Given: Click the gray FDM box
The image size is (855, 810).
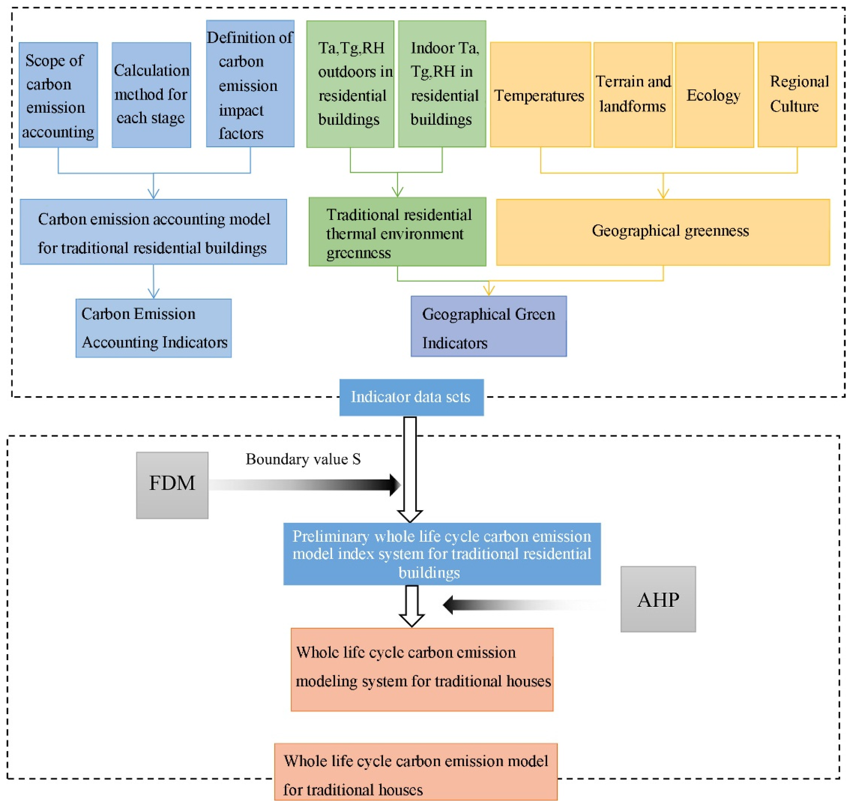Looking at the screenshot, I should [x=172, y=485].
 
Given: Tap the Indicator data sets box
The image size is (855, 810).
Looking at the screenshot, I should [x=411, y=397].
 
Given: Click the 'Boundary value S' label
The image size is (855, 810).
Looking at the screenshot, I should [x=303, y=459].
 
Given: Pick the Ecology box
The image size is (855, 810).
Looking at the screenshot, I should [x=714, y=95].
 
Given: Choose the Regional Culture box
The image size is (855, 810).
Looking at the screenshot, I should [x=797, y=94].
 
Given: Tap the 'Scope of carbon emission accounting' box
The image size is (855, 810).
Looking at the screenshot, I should [x=58, y=95].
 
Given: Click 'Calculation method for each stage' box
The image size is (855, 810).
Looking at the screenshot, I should [x=151, y=95].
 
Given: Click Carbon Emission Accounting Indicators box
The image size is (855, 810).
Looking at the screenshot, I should [x=153, y=328].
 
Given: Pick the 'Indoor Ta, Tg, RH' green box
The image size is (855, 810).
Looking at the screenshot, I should [x=442, y=84].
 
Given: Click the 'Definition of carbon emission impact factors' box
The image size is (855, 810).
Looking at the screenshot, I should [x=250, y=84].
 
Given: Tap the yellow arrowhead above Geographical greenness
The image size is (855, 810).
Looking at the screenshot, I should [x=663, y=193].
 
